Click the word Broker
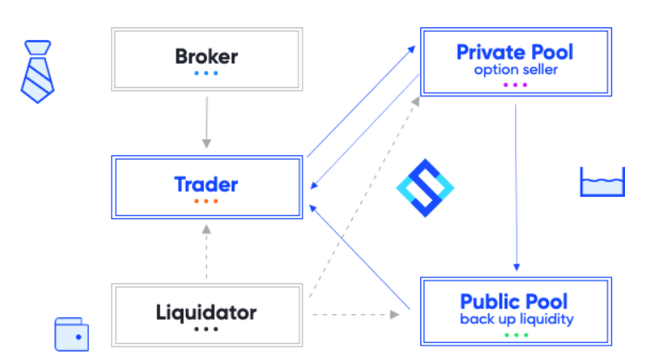pos(206,56)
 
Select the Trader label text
pos(205,184)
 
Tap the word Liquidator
pos(206,311)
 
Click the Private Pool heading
pos(515,52)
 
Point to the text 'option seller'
pos(516,70)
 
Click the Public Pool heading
pos(514,301)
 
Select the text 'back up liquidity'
pos(517,319)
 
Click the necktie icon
pos(38,72)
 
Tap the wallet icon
pos(72,334)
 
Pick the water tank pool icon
pos(602,182)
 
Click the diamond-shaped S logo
pos(425,188)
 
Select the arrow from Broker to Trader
pos(206,123)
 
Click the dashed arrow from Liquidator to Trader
pos(206,252)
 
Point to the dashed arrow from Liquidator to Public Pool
pos(356,315)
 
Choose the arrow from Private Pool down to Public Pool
pos(516,188)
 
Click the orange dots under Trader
pos(206,201)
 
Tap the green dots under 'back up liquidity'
pos(516,335)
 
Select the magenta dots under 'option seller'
pos(515,84)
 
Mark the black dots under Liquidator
pos(206,329)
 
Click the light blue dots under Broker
pos(206,73)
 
